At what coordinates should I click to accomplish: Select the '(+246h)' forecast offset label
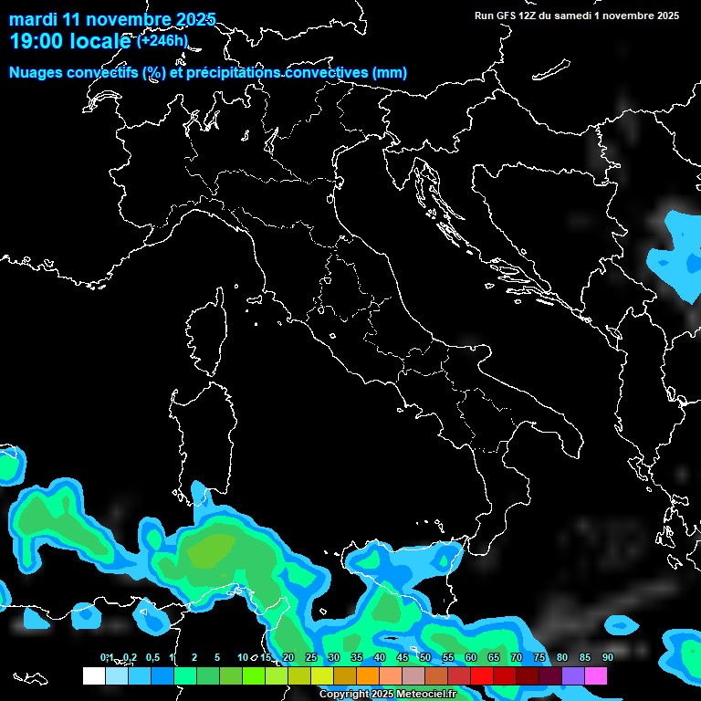point(162,40)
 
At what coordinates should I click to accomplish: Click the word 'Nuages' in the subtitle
point(37,73)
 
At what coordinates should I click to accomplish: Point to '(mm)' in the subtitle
point(389,73)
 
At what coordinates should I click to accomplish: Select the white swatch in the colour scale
point(93,675)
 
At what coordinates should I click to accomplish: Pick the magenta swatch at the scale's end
point(596,675)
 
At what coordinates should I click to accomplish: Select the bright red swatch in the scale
point(482,675)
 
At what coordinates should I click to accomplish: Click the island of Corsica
point(206,333)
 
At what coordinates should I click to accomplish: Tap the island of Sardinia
point(199,438)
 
